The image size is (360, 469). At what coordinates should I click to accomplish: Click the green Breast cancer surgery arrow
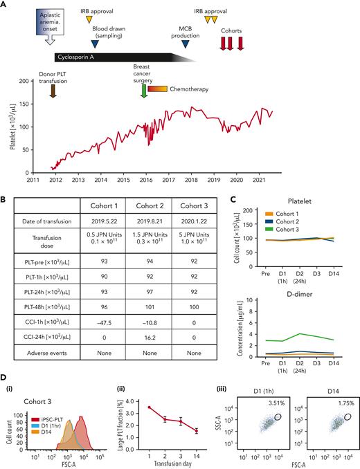143,89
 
